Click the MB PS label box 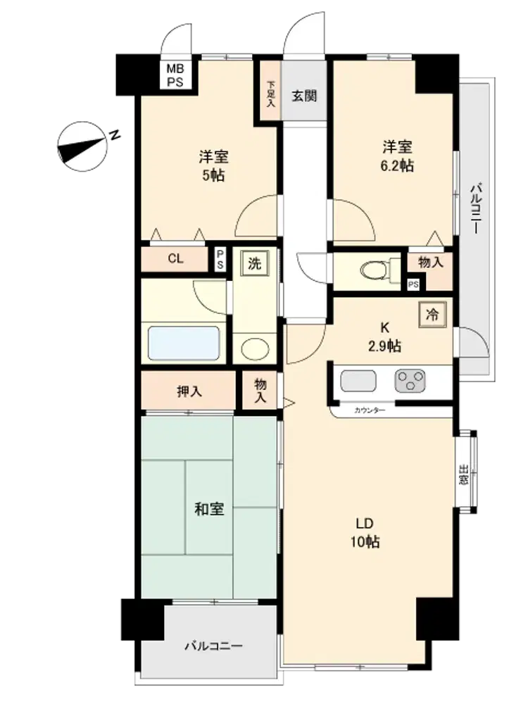click(x=175, y=75)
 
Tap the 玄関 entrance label click(x=304, y=96)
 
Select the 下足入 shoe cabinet click(x=270, y=94)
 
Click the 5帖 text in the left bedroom click(x=213, y=175)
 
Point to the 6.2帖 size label click(x=397, y=165)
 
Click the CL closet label click(x=175, y=258)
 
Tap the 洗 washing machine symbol click(x=255, y=263)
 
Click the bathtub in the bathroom click(x=184, y=343)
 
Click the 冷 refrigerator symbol click(x=432, y=314)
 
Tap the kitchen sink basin click(x=358, y=381)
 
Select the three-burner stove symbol click(x=410, y=381)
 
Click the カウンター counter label click(x=370, y=410)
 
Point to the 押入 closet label click(x=189, y=391)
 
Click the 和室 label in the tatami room click(x=209, y=509)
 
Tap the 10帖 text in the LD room click(x=365, y=542)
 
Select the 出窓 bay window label click(x=463, y=474)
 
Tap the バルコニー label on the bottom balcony click(x=214, y=646)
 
